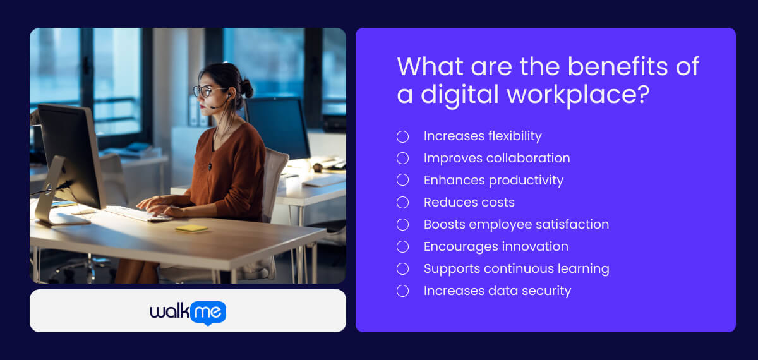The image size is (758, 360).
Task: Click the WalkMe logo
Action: [x=188, y=311]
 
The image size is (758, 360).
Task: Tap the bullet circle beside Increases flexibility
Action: [x=402, y=136]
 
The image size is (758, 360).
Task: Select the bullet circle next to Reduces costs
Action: [x=402, y=203]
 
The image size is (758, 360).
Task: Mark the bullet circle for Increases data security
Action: [x=402, y=291]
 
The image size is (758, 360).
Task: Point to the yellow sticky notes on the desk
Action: [x=191, y=228]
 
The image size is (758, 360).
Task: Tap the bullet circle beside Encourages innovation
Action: [x=402, y=247]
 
